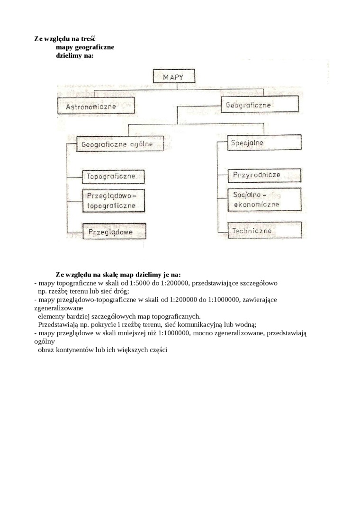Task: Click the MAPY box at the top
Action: pos(173,77)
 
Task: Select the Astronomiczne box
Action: pos(95,106)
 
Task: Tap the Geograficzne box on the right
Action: pos(259,105)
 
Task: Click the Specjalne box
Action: pos(264,142)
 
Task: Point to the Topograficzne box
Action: pos(113,176)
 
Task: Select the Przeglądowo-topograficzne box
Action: pos(113,201)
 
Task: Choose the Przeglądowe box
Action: pos(114,232)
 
